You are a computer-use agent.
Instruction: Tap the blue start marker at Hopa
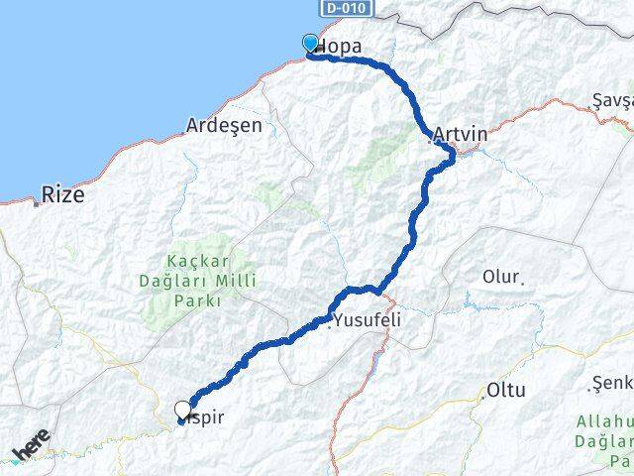pos(310,43)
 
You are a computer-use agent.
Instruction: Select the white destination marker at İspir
pos(182,409)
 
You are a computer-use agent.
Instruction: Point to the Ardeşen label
pos(224,126)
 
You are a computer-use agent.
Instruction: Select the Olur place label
pos(499,276)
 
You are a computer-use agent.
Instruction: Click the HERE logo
pos(31,450)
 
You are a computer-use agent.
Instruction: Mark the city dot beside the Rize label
pos(37,203)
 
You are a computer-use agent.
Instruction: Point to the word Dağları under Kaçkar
pos(186,281)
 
